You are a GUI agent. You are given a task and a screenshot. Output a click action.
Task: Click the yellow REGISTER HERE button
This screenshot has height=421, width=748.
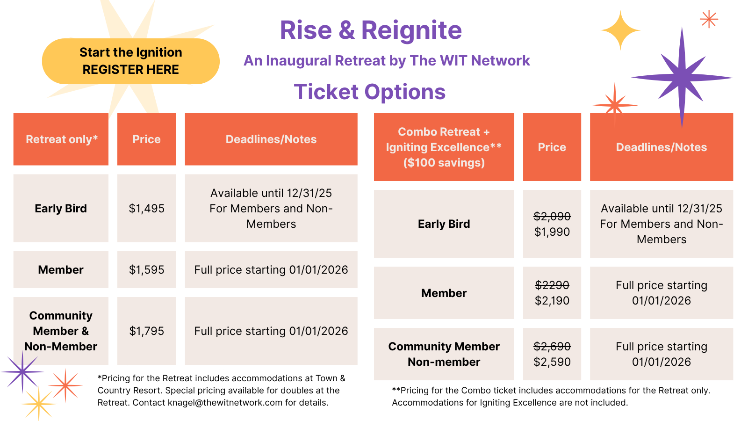click(x=130, y=61)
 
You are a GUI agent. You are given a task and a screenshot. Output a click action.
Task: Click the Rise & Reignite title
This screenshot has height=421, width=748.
click(x=371, y=30)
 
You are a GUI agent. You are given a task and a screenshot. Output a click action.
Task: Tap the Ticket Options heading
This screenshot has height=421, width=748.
click(x=370, y=92)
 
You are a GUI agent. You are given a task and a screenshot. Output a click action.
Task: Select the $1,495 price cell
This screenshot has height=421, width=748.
click(x=147, y=208)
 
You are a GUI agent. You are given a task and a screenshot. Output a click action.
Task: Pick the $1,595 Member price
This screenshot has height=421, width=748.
click(x=147, y=269)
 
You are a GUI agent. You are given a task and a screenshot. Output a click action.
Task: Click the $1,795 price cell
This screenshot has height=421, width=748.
click(x=147, y=331)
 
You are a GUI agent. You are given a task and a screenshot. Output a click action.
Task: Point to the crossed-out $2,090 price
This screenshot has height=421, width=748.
click(x=552, y=216)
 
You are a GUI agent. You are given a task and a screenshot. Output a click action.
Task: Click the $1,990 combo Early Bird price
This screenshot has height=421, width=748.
click(x=552, y=232)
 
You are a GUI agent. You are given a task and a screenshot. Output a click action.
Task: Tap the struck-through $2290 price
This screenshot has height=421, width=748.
click(x=552, y=285)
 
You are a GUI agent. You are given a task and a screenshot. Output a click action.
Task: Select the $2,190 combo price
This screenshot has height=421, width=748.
click(x=552, y=300)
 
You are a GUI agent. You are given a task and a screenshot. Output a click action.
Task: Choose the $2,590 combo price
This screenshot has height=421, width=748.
click(x=552, y=362)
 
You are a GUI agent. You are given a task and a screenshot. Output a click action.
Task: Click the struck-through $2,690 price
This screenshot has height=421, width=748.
click(x=552, y=347)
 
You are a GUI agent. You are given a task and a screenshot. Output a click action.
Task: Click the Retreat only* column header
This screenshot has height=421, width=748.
click(x=61, y=139)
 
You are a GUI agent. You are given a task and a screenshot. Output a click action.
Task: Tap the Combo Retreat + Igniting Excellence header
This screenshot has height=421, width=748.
click(x=444, y=147)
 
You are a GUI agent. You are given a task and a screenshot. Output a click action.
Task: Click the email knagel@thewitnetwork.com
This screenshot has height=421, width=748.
click(x=225, y=403)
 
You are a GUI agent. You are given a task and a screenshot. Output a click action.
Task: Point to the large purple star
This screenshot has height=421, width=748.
click(x=682, y=78)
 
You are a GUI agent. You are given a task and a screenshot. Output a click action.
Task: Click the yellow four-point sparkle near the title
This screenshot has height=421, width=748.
click(x=620, y=30)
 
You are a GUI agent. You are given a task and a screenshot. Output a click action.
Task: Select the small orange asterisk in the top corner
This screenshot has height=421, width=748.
click(x=709, y=19)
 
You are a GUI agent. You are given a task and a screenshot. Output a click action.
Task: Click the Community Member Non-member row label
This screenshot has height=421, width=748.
click(x=444, y=354)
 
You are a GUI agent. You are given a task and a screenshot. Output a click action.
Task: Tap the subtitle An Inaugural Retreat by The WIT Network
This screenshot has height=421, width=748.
click(x=387, y=61)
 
